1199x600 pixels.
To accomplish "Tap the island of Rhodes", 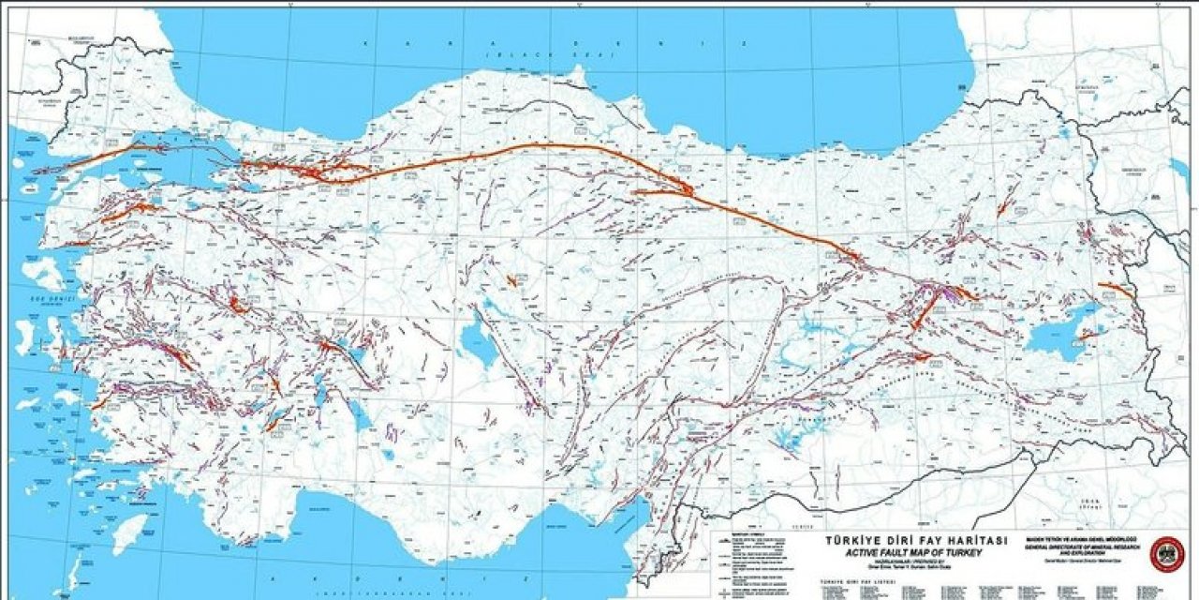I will tap(129, 532).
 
